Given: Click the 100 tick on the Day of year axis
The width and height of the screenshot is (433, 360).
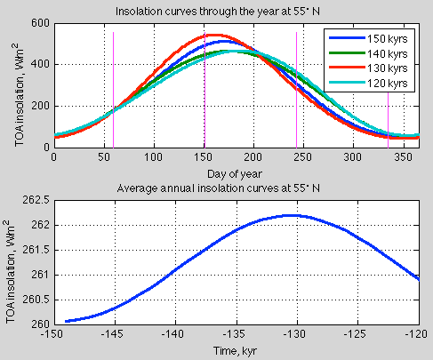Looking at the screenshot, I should click(154, 157).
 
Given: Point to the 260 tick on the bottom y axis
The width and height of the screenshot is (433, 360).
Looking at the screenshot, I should click(38, 324).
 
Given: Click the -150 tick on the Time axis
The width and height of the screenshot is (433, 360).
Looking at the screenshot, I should click(54, 334).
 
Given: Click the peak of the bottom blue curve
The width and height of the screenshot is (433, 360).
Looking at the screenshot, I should click(293, 215).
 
